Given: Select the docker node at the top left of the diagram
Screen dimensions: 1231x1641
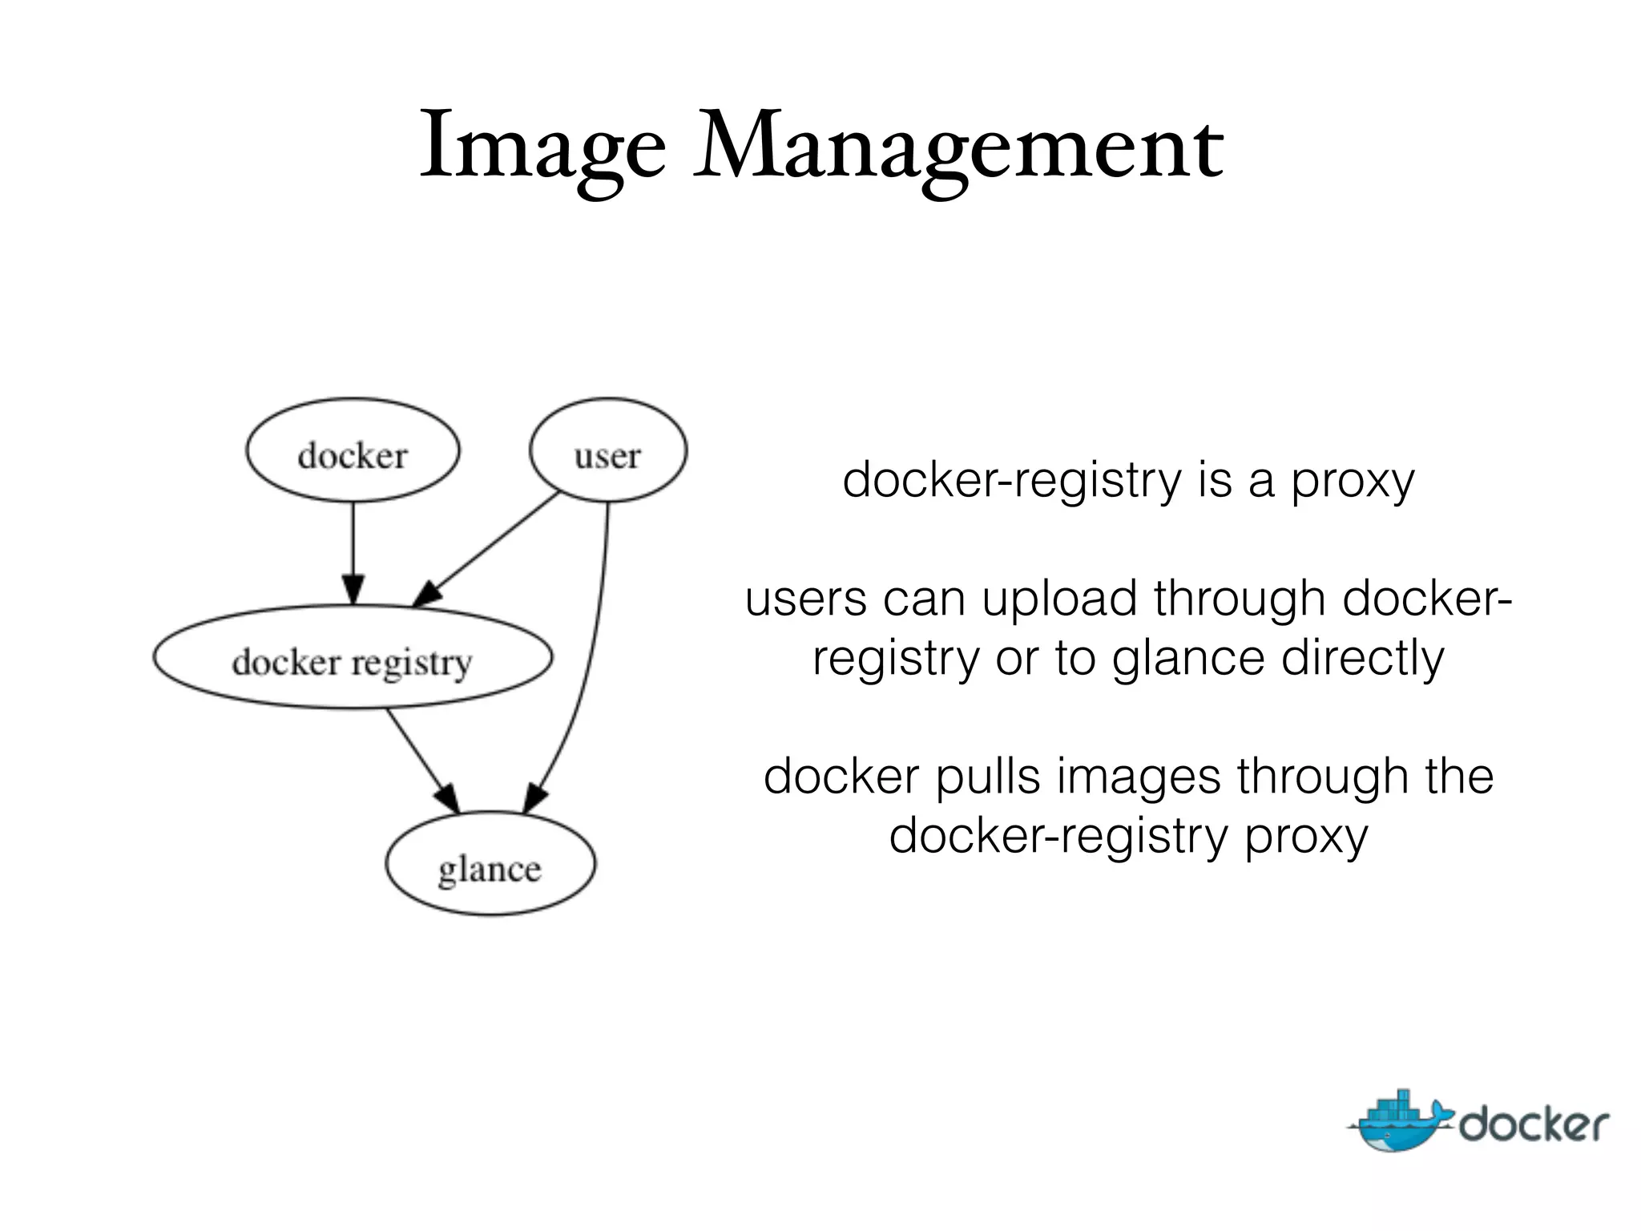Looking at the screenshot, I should pos(353,451).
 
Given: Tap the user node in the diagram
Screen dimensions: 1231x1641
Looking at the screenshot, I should pos(608,451).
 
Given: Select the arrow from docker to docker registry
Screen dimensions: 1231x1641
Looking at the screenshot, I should pos(353,553).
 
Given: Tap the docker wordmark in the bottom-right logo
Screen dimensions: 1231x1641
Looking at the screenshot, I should pos(1533,1125).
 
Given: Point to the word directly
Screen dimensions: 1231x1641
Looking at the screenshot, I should pos(1362,659).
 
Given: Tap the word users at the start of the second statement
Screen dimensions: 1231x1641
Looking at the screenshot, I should pos(805,599).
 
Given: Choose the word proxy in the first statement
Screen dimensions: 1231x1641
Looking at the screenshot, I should pos(1353,482).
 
